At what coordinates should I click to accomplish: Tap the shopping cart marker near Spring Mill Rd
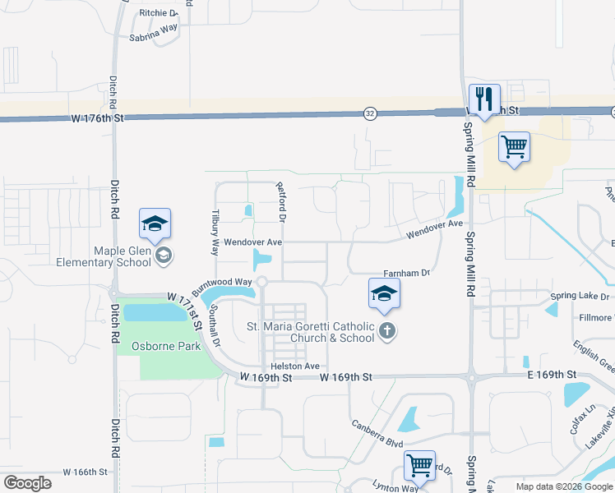[x=514, y=148]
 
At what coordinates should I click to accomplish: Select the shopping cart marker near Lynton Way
[x=420, y=466]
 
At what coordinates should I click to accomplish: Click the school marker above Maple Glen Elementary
[x=155, y=223]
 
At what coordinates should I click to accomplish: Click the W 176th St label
[x=97, y=118]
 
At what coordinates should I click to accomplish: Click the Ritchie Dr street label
[x=159, y=13]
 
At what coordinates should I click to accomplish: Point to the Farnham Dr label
[x=406, y=274]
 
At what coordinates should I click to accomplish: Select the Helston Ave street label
[x=294, y=366]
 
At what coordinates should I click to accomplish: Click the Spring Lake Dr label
[x=580, y=296]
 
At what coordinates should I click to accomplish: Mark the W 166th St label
[x=85, y=472]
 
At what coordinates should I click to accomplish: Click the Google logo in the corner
[x=27, y=483]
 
